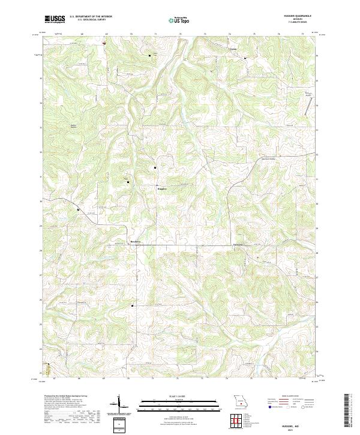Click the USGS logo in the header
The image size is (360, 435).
[55, 19]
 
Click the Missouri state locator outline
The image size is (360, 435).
[240, 400]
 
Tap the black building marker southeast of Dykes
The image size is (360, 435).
[245, 58]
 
